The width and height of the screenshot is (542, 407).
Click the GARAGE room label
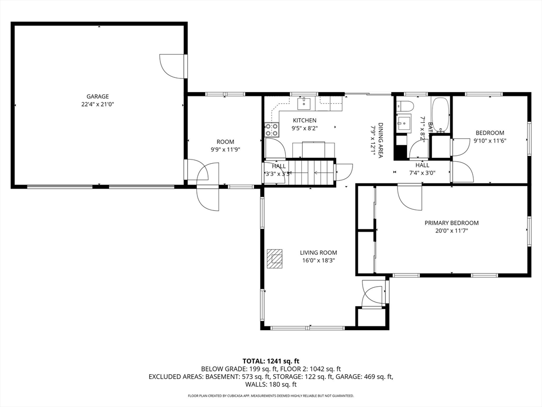pyautogui.click(x=97, y=96)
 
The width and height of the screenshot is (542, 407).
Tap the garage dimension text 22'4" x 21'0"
pyautogui.click(x=97, y=104)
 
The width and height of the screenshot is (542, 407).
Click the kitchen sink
pyautogui.click(x=305, y=102)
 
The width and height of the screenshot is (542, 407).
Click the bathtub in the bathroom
pyautogui.click(x=440, y=115)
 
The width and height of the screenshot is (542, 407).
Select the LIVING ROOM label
pyautogui.click(x=318, y=253)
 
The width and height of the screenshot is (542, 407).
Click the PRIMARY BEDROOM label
pyautogui.click(x=451, y=223)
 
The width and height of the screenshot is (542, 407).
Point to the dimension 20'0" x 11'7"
pyautogui.click(x=451, y=231)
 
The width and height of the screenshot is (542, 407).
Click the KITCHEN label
pyautogui.click(x=304, y=120)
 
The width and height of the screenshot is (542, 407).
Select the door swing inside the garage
pyautogui.click(x=170, y=66)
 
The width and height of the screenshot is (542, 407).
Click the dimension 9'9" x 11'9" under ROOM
pyautogui.click(x=225, y=149)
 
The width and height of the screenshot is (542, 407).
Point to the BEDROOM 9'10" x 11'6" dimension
pyautogui.click(x=490, y=140)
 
